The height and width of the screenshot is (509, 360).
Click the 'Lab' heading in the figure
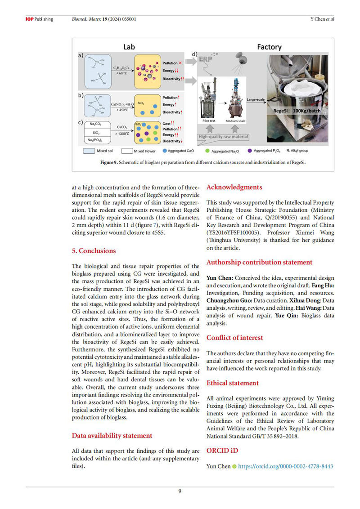tap(129, 46)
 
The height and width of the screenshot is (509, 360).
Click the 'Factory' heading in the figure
tap(269, 46)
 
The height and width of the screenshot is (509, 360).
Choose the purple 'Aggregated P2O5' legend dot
tap(250, 151)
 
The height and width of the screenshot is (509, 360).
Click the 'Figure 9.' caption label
tap(109, 163)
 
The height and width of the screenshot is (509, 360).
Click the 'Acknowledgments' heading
tap(234, 187)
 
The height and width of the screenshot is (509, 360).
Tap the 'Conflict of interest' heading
tap(234, 338)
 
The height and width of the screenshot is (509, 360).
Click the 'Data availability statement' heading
tap(112, 435)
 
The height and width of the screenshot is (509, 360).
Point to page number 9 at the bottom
tap(180, 491)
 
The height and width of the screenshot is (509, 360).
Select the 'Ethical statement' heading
tap(232, 383)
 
